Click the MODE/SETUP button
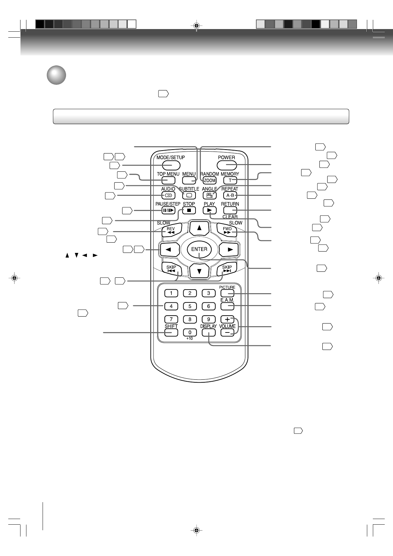(171, 165)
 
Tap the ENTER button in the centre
(199, 249)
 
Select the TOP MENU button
(168, 180)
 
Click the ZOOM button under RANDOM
(209, 180)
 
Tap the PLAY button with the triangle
(209, 210)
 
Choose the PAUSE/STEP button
(168, 210)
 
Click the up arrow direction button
(199, 228)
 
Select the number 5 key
(190, 306)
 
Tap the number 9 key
(208, 319)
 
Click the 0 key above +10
(190, 332)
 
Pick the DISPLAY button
(208, 332)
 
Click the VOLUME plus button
(227, 319)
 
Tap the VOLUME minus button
(227, 332)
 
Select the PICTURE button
(227, 293)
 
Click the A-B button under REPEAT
(230, 195)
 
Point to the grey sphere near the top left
(56, 75)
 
